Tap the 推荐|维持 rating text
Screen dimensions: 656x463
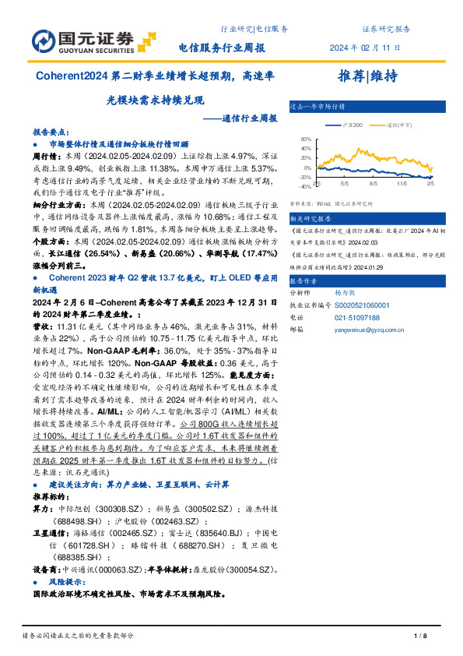368,76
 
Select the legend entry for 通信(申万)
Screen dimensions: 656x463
398,125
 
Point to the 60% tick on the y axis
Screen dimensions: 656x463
305,139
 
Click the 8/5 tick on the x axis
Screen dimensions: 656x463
374,185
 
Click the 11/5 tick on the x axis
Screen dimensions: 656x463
402,185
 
